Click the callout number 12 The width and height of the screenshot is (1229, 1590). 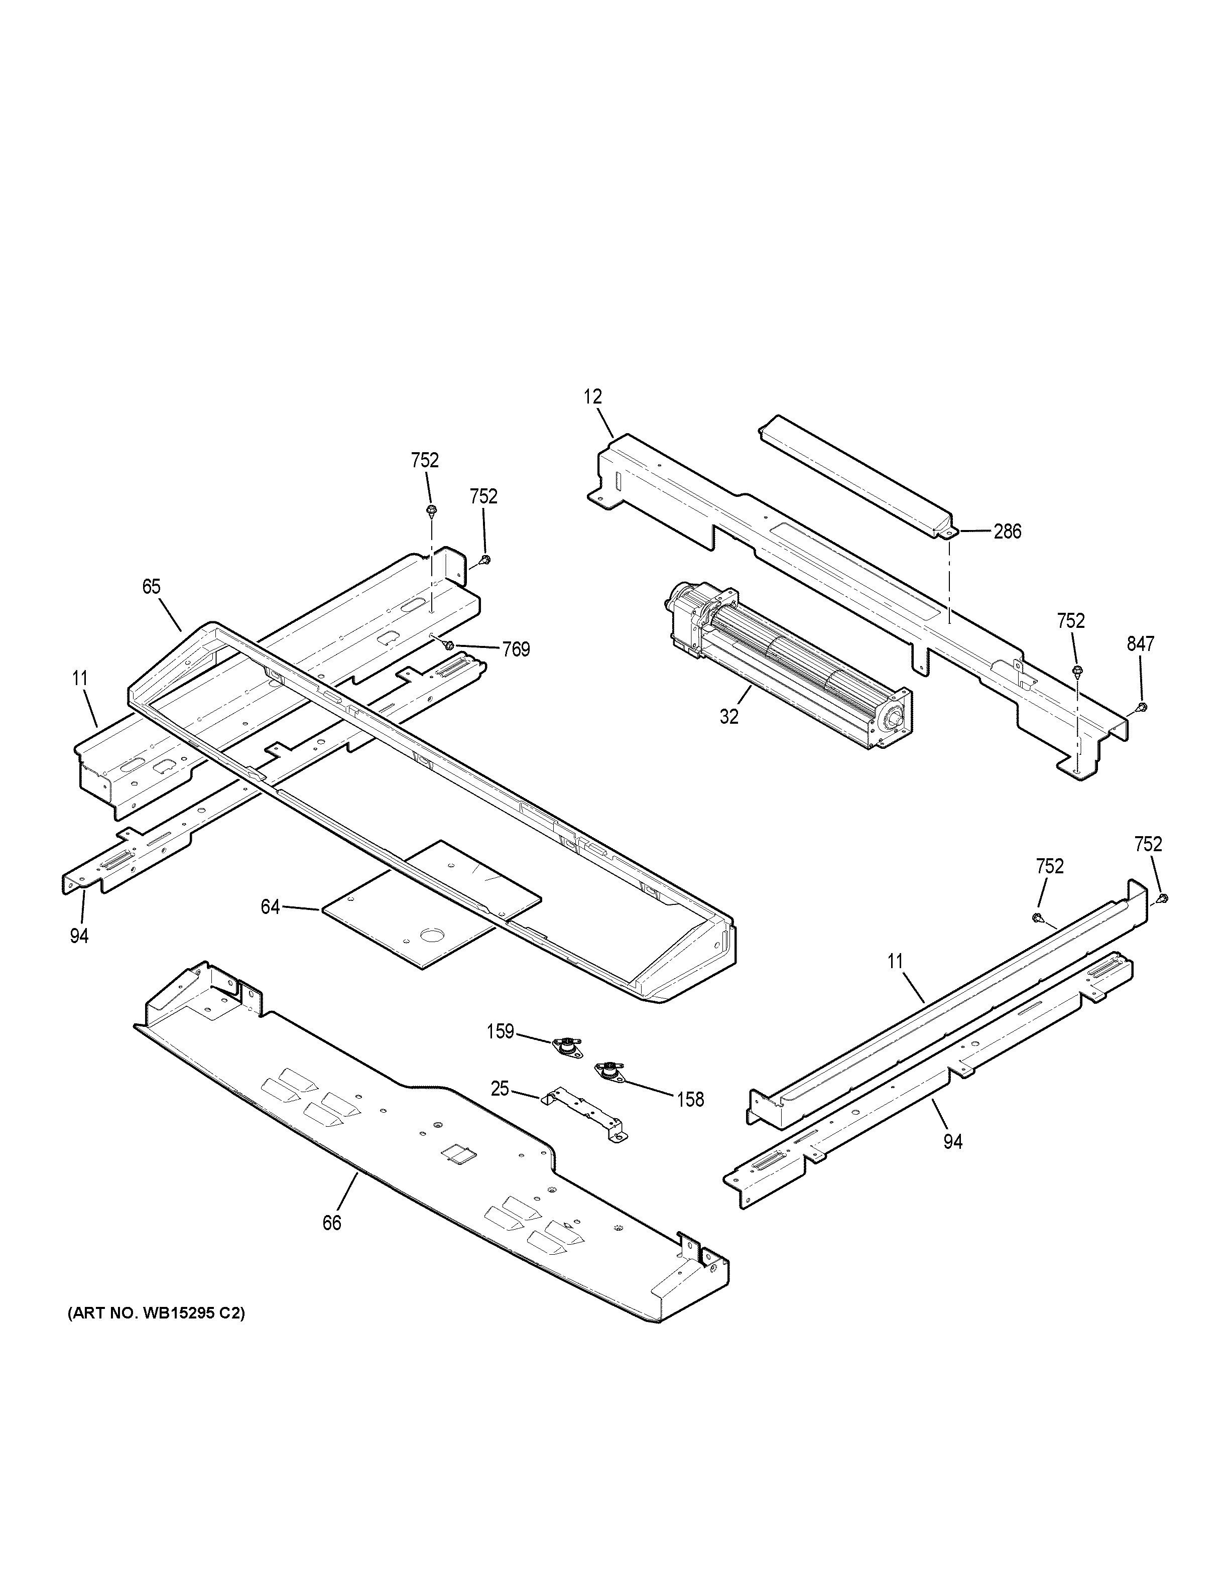[592, 397]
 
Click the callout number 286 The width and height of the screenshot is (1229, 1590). [1008, 532]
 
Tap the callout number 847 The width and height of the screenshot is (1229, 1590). [1140, 643]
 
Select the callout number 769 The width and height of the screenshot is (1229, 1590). [516, 649]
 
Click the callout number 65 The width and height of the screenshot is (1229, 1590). [151, 586]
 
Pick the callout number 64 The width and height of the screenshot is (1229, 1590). [270, 907]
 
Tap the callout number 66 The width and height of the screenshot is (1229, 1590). [331, 1223]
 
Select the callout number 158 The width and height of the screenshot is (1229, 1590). [690, 1100]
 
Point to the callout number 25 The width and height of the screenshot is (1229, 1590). [500, 1089]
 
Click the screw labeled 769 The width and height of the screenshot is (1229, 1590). [449, 645]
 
